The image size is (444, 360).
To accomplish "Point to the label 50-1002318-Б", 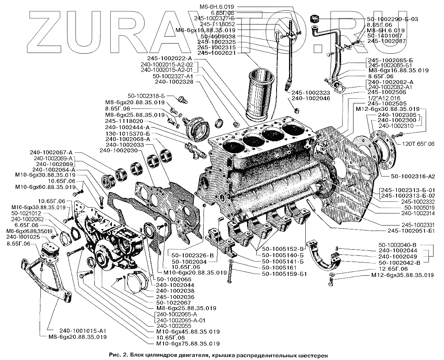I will tap(149, 96).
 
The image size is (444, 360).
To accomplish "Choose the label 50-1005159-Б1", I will tap(285, 274).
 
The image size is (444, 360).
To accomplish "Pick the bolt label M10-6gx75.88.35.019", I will tap(188, 344).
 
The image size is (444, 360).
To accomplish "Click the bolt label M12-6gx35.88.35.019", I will tap(402, 275).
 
